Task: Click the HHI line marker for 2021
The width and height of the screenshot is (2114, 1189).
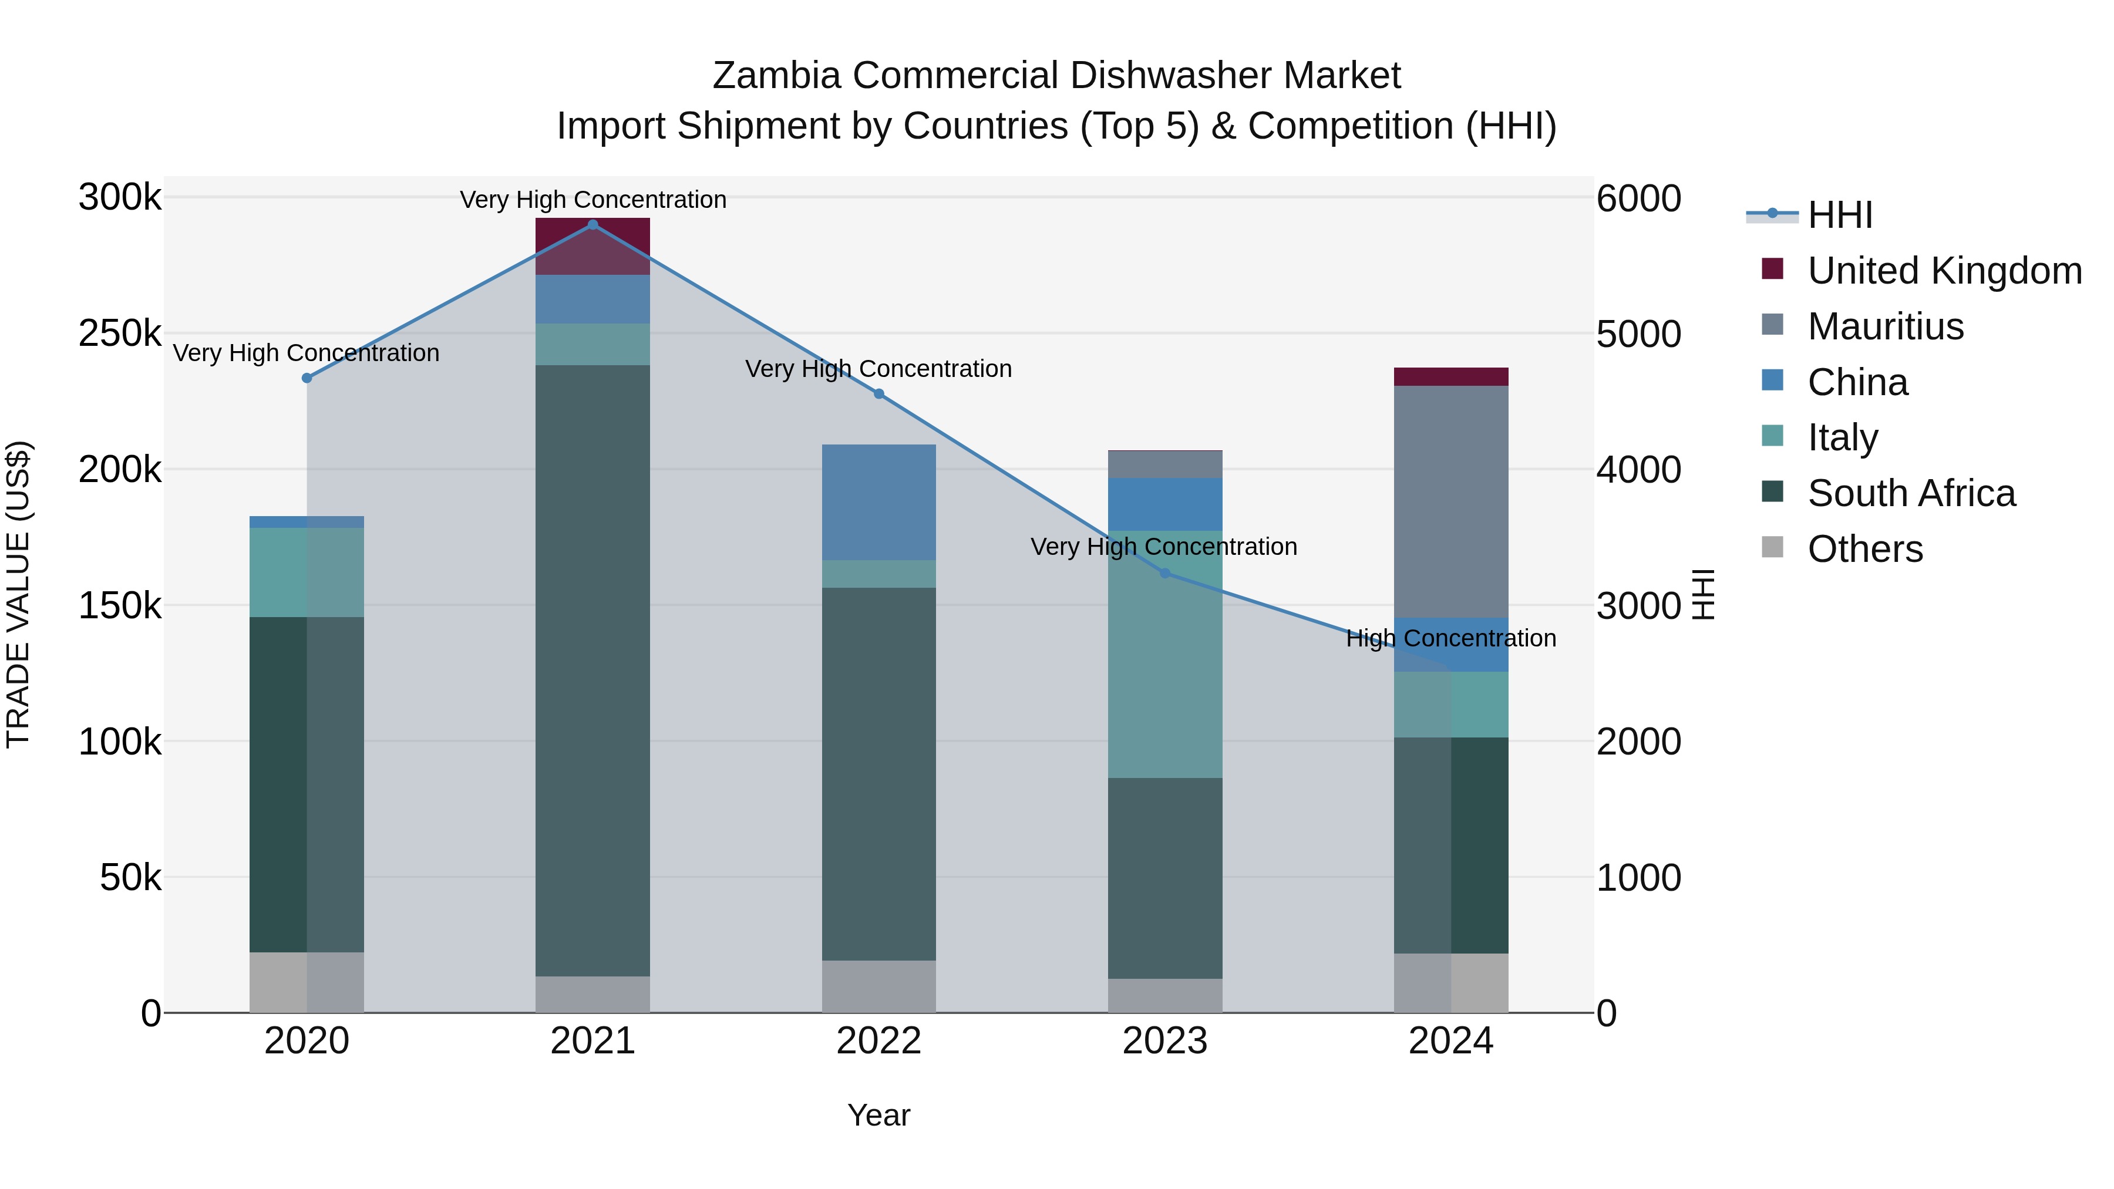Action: [593, 225]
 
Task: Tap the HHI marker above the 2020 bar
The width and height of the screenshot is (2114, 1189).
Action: [307, 378]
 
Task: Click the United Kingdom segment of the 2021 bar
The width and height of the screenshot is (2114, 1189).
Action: [593, 246]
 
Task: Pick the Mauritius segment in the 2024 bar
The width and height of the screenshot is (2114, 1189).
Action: [1451, 500]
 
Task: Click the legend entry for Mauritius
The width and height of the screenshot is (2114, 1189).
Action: [1885, 326]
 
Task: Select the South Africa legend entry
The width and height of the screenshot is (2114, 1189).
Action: [1910, 493]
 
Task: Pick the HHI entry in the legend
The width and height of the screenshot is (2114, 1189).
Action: [1839, 215]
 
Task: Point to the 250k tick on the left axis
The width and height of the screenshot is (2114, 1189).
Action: [120, 334]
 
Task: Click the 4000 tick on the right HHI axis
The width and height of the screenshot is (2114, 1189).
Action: [1638, 470]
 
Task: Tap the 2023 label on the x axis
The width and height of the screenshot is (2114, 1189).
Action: [1164, 1041]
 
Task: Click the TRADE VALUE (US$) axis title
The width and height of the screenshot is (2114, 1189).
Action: [19, 594]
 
